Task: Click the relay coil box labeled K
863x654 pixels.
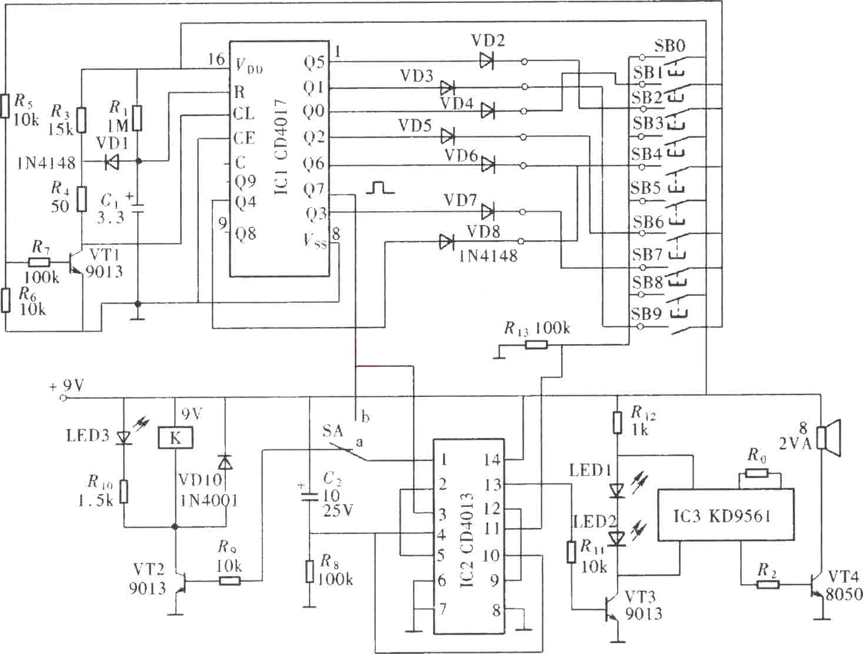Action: point(175,438)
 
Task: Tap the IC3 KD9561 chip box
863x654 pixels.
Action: point(726,515)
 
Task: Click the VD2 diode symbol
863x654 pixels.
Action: point(487,62)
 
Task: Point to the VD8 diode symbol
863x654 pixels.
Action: point(447,242)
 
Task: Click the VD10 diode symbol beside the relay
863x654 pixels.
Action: point(225,462)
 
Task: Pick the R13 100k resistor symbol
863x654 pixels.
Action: point(537,345)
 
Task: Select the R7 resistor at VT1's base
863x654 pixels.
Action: point(39,262)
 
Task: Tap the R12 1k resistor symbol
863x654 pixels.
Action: point(617,422)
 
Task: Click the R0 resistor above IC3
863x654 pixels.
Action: point(757,473)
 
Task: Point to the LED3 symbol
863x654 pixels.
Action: point(124,437)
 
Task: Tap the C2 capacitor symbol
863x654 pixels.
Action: point(309,496)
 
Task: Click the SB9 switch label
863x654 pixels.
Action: point(647,313)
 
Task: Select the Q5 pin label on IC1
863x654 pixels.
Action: point(314,62)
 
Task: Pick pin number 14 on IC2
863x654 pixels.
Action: point(492,459)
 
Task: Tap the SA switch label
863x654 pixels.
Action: point(332,431)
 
